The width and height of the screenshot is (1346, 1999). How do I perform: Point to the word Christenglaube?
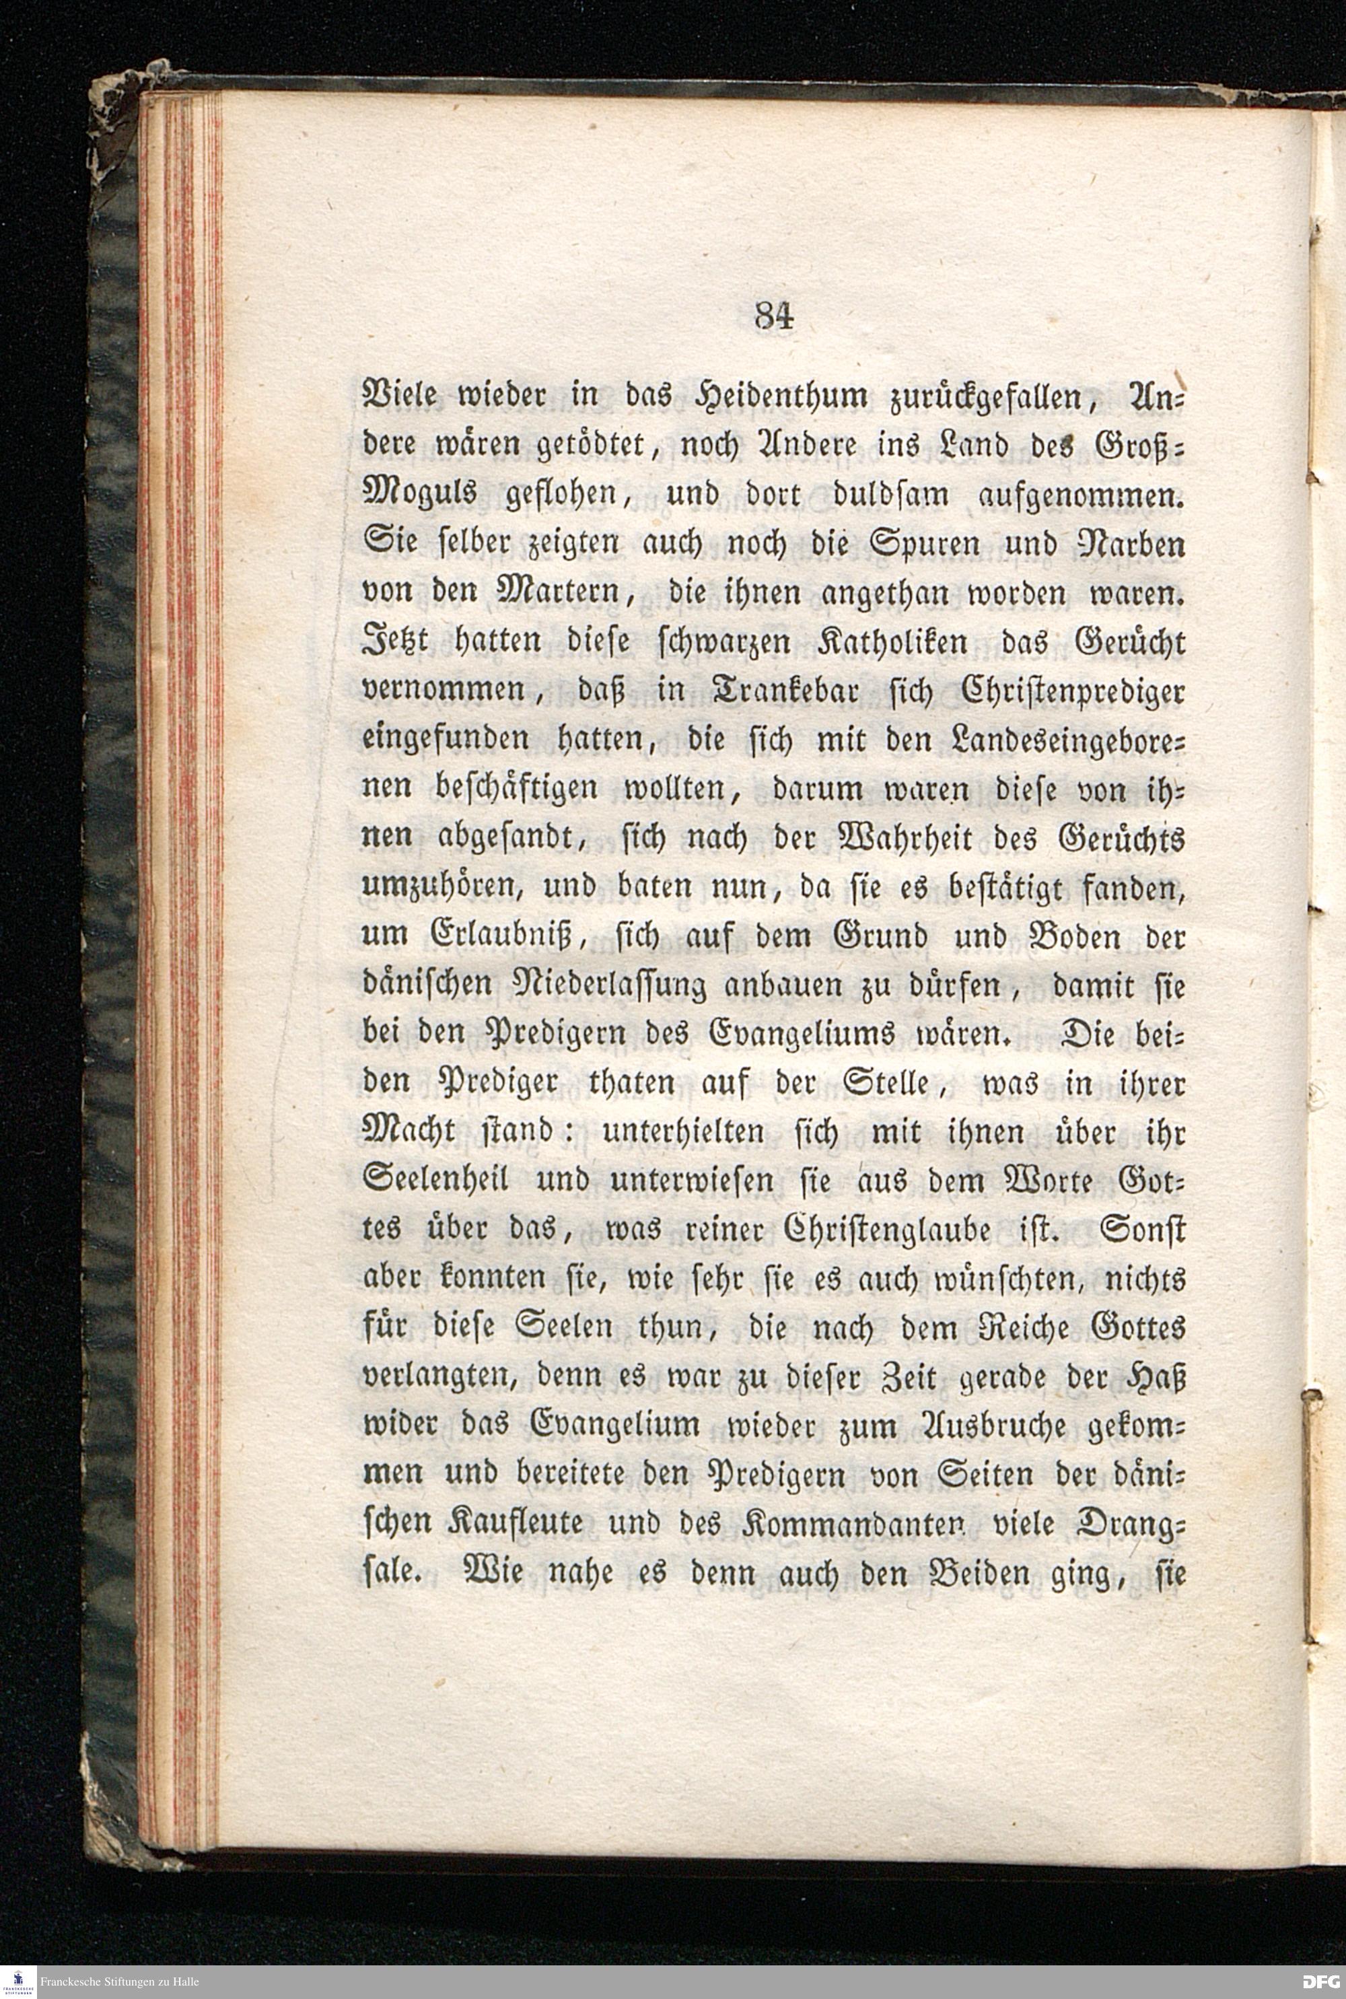point(870,1232)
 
